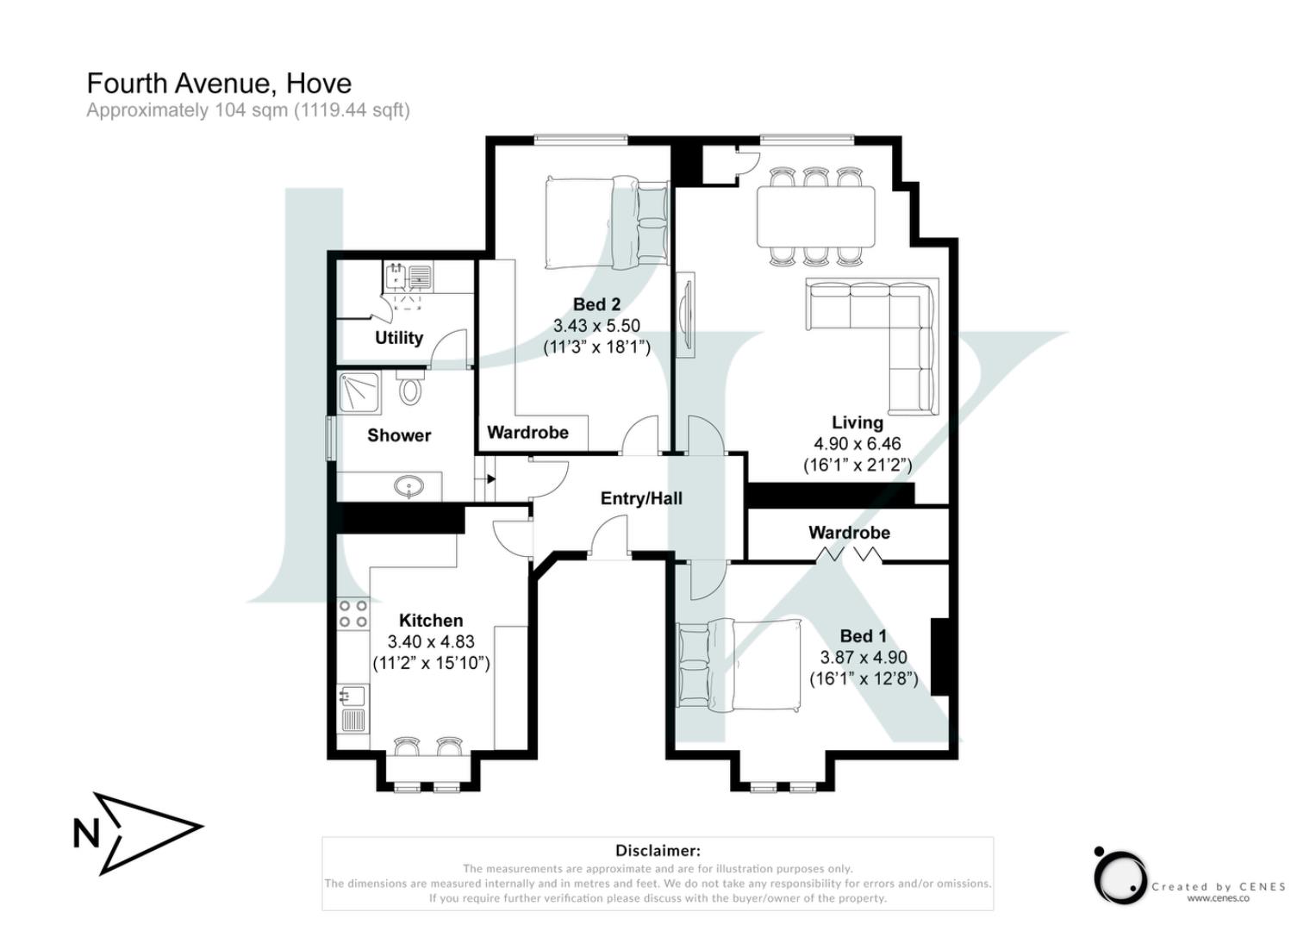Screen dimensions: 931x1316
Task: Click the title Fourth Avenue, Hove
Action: (x=219, y=84)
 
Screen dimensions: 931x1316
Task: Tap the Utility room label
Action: (x=398, y=338)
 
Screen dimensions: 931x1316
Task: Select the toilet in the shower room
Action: (x=411, y=389)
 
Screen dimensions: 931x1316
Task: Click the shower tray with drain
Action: (x=357, y=391)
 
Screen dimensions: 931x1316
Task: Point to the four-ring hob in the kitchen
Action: (x=352, y=614)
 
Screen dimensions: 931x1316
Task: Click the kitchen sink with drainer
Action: (x=352, y=707)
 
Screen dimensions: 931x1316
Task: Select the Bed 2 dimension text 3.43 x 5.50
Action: (x=596, y=326)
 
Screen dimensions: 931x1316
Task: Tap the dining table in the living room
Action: (x=815, y=216)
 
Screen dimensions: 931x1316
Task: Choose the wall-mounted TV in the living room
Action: (x=685, y=315)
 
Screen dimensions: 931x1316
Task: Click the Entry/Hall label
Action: (x=641, y=498)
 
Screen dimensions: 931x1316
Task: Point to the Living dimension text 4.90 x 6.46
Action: (x=857, y=444)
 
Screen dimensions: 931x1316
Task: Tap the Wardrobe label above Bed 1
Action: (x=849, y=533)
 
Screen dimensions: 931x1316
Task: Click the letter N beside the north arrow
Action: (x=86, y=834)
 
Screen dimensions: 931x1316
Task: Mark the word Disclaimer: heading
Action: (x=658, y=851)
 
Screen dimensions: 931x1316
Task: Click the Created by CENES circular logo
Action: (x=1120, y=877)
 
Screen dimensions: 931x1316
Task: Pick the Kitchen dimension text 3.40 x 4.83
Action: (x=431, y=642)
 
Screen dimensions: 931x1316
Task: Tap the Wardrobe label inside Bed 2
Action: (x=527, y=433)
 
